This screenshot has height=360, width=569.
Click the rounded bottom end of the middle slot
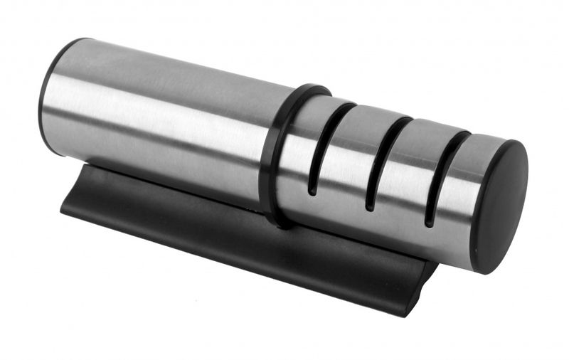point(370,207)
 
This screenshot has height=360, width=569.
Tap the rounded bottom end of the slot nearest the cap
point(429,223)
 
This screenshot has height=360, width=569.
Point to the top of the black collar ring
point(309,90)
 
